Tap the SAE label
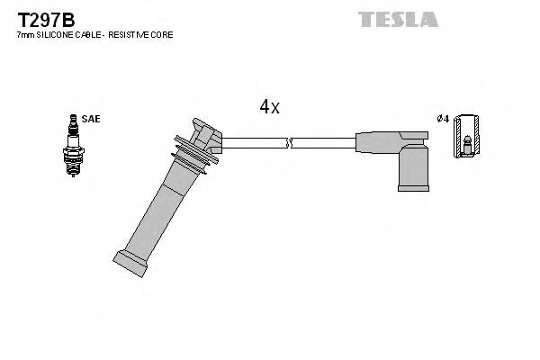pos(91,118)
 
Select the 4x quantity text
pos(269,107)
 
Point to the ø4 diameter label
pos(442,119)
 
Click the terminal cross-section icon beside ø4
pos(465,139)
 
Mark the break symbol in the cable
pos(288,142)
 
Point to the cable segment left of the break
pos(254,142)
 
